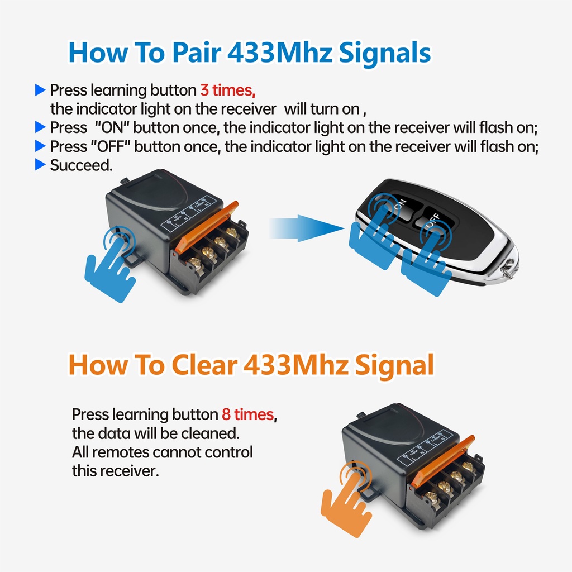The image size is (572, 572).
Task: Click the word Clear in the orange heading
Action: click(x=204, y=365)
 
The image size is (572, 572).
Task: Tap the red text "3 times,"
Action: click(x=228, y=90)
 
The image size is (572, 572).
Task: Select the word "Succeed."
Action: click(x=81, y=165)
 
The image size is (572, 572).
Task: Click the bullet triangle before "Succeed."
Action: click(x=40, y=165)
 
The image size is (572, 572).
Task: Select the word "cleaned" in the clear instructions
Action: click(x=211, y=433)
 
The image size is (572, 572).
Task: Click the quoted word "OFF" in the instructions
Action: click(x=111, y=146)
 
